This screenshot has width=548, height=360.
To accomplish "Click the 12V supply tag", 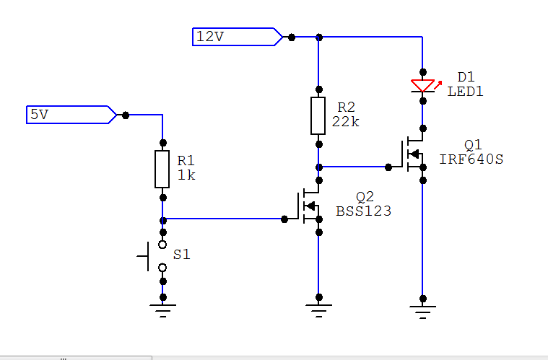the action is (x=238, y=37).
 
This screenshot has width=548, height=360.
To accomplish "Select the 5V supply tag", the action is (x=71, y=115).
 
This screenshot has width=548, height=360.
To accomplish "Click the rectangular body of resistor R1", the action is (x=162, y=170).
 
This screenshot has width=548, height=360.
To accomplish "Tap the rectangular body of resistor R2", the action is (x=318, y=116).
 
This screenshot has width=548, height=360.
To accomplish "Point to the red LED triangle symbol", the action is (x=422, y=86).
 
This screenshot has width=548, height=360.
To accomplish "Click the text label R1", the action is (x=186, y=161).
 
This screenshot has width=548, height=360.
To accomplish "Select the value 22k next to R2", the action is (x=345, y=121).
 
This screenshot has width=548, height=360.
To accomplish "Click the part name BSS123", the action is (x=363, y=211).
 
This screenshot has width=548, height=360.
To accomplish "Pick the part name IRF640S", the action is (x=471, y=159).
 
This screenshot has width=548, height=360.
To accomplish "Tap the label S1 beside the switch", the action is (x=182, y=255).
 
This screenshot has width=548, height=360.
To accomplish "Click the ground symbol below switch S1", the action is (x=162, y=311).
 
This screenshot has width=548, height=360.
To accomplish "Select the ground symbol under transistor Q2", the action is (x=318, y=311).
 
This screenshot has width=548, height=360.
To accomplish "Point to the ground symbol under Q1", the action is (x=422, y=312).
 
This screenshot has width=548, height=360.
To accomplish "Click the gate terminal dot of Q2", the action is (x=284, y=219).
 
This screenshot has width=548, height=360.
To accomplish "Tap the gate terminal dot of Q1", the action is (x=388, y=167).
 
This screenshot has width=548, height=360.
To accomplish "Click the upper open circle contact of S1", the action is (x=162, y=245).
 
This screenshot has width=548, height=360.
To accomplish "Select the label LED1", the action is (x=465, y=92).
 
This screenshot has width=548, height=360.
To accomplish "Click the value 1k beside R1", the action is (x=186, y=175).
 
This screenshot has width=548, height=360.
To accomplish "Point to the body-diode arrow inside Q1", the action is (x=414, y=154).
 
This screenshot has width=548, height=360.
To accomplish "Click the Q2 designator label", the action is (x=365, y=197).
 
